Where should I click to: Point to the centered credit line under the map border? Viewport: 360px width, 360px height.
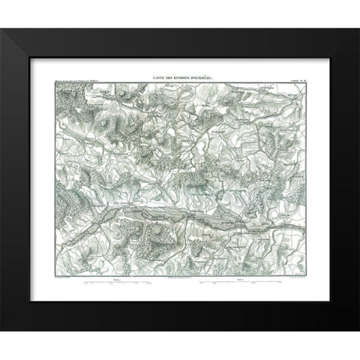(180, 277)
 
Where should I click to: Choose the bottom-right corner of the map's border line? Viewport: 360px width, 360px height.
(278, 274)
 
